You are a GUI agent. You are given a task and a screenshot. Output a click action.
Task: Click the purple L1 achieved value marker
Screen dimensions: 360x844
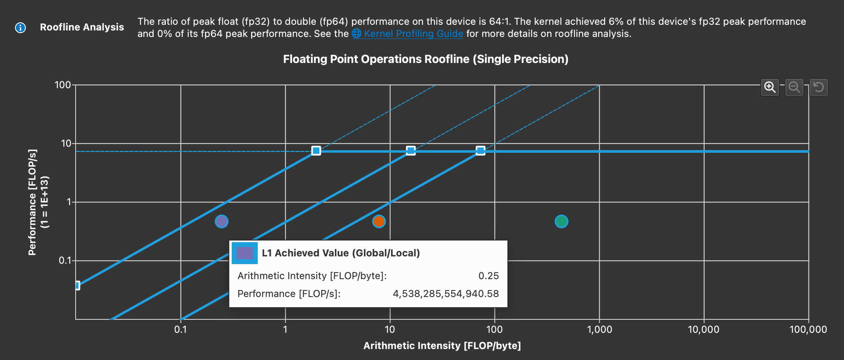222,221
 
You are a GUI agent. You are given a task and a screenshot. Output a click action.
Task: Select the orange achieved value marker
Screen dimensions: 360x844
379,221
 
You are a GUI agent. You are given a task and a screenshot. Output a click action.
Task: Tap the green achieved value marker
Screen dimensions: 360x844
561,221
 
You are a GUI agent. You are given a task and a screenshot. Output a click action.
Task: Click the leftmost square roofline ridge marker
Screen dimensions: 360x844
316,151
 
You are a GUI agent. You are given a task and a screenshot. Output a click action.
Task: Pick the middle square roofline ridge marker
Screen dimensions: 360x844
411,151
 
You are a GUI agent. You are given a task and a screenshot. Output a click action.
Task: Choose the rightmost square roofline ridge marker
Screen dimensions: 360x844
481,151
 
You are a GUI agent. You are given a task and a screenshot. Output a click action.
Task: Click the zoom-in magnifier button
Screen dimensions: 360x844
770,87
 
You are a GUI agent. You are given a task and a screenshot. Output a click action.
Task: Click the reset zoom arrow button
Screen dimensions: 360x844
818,87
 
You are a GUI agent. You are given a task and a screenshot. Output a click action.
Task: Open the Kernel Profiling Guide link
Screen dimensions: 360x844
413,34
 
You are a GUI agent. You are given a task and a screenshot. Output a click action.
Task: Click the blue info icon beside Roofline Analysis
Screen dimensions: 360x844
20,28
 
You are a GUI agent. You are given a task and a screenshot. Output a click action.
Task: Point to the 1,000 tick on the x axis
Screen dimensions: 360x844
599,329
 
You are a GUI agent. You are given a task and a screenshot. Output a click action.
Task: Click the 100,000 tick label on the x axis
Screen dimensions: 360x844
808,329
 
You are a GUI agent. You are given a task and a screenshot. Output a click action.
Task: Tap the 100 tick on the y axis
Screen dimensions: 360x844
63,85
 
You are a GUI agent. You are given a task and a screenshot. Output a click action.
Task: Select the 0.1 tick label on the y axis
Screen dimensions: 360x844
65,260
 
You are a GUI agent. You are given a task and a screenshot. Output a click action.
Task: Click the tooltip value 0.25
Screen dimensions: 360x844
488,276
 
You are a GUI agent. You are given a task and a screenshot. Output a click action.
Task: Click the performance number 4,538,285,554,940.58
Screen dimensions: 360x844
446,294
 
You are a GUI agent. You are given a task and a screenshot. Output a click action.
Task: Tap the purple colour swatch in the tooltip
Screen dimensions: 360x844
244,253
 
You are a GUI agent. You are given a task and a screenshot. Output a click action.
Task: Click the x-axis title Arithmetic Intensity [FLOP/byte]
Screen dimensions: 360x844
442,346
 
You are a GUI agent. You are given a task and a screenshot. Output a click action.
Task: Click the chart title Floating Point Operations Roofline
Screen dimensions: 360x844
425,59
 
